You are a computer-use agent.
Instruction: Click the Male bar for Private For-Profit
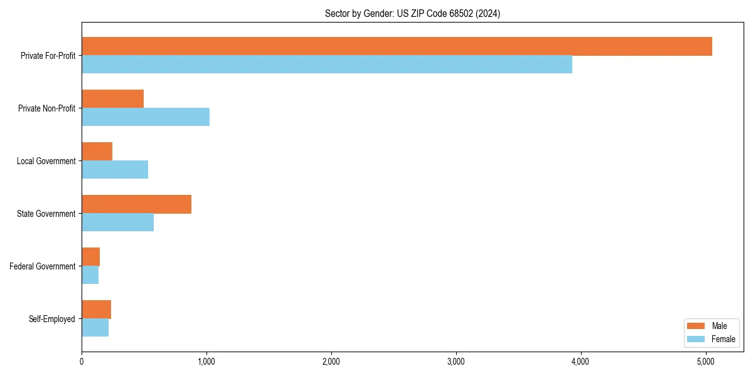pos(397,46)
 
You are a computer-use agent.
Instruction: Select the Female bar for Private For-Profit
pos(326,65)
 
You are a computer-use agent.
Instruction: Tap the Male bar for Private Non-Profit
pos(113,99)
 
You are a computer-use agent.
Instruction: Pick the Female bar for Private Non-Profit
pos(146,117)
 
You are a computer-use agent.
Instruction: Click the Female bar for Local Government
pos(115,170)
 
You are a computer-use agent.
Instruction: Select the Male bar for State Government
pos(136,204)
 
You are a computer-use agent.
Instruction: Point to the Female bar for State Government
pos(117,222)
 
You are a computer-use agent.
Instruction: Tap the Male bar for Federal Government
pos(91,257)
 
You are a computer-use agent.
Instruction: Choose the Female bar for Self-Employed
pos(95,328)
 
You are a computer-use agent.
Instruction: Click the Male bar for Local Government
pos(97,152)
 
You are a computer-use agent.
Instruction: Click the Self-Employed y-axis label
pos(52,319)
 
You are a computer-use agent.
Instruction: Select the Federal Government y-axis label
pos(43,266)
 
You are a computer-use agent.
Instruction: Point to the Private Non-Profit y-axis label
pos(46,108)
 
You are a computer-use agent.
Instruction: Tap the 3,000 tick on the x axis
pos(456,362)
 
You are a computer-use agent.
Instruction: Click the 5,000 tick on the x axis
pos(706,362)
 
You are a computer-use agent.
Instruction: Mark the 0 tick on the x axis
pos(82,362)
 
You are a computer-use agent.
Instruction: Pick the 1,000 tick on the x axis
pos(206,362)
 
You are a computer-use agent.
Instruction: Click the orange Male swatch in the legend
pos(697,326)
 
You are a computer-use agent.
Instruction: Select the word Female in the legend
pos(724,339)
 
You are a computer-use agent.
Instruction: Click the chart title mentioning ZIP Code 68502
pos(412,13)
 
